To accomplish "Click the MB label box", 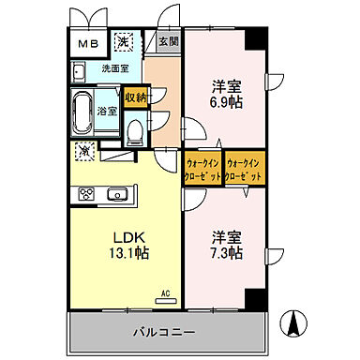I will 88,43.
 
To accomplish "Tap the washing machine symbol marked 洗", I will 123,41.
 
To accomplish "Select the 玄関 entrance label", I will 167,40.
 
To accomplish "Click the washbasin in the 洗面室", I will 80,72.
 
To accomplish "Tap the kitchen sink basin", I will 117,194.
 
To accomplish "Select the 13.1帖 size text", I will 126,252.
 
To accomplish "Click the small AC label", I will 167,292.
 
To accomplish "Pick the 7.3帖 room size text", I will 225,253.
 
